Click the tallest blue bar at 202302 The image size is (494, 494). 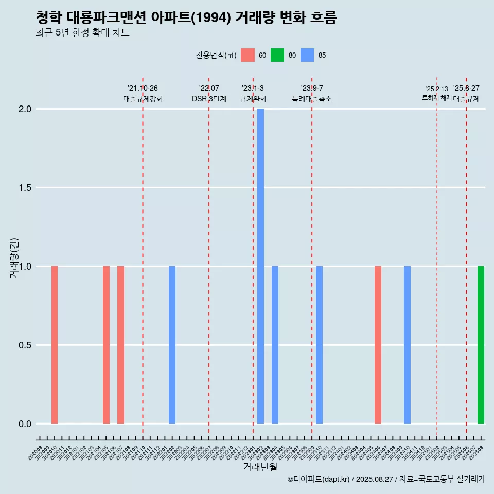point(260,266)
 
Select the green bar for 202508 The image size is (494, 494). point(481,345)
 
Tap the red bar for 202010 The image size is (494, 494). point(55,345)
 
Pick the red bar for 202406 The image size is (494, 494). point(378,345)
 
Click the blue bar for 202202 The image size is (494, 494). point(172,345)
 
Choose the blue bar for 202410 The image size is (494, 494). point(407,345)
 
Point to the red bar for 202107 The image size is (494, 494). point(120,345)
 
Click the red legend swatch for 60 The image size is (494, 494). point(248,55)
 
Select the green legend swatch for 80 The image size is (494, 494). point(277,55)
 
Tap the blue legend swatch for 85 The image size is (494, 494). point(307,55)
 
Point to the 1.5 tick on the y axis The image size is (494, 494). point(25,188)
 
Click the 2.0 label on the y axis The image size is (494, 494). point(25,109)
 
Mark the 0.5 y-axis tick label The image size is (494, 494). point(25,345)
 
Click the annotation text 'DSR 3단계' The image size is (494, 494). point(209,99)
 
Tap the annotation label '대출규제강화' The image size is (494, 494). point(143,99)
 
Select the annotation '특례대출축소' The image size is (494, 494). point(312,99)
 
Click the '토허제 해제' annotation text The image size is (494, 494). point(436,98)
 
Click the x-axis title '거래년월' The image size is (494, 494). point(260,467)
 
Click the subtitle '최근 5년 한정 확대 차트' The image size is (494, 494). point(82,33)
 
